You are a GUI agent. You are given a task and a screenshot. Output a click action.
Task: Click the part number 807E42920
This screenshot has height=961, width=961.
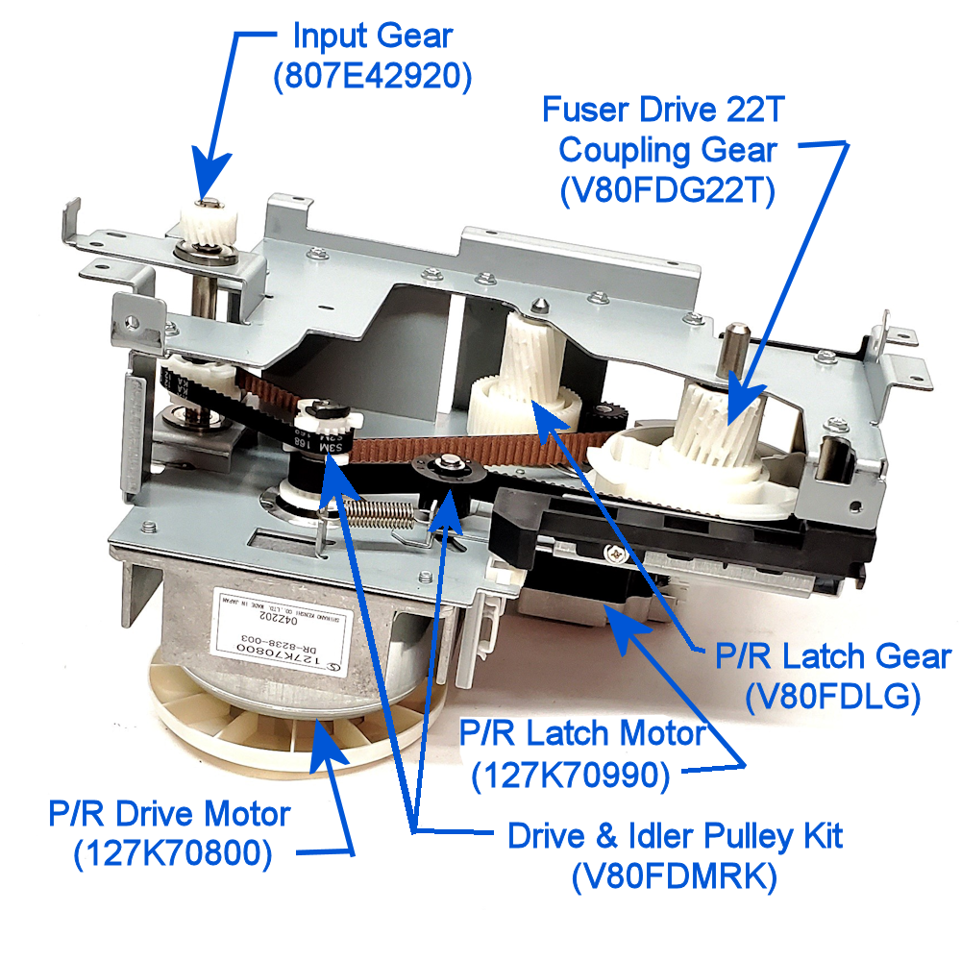pyautogui.click(x=373, y=79)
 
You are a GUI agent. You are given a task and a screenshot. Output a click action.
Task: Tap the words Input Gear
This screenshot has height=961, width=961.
pyautogui.click(x=373, y=37)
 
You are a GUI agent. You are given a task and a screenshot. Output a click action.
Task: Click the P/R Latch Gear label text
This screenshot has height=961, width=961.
pyautogui.click(x=833, y=657)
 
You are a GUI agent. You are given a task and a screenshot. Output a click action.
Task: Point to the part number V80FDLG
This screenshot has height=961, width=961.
pyautogui.click(x=833, y=698)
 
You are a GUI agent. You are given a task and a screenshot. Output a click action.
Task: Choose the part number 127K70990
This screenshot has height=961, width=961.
pyautogui.click(x=571, y=776)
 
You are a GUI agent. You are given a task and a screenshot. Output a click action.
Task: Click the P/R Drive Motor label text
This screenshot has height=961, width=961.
pyautogui.click(x=169, y=815)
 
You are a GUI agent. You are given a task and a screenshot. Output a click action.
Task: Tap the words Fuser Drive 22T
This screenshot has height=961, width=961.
pyautogui.click(x=664, y=109)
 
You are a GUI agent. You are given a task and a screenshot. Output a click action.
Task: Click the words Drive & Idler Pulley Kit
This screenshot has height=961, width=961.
pyautogui.click(x=675, y=835)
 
